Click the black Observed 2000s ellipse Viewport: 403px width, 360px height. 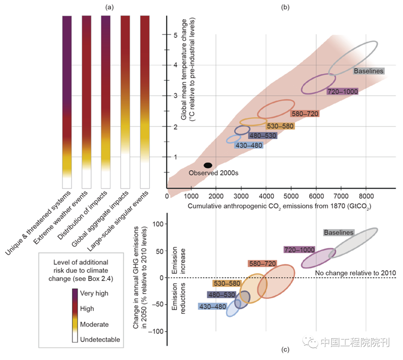pyautogui.click(x=208, y=165)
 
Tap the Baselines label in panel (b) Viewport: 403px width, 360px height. pyautogui.click(x=369, y=71)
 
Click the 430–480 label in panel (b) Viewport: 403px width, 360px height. pyautogui.click(x=248, y=145)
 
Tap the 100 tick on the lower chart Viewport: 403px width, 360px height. pyautogui.click(x=160, y=223)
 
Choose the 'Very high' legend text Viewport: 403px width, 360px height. pyautogui.click(x=95, y=293)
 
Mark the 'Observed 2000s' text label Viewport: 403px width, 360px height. pyautogui.click(x=213, y=173)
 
